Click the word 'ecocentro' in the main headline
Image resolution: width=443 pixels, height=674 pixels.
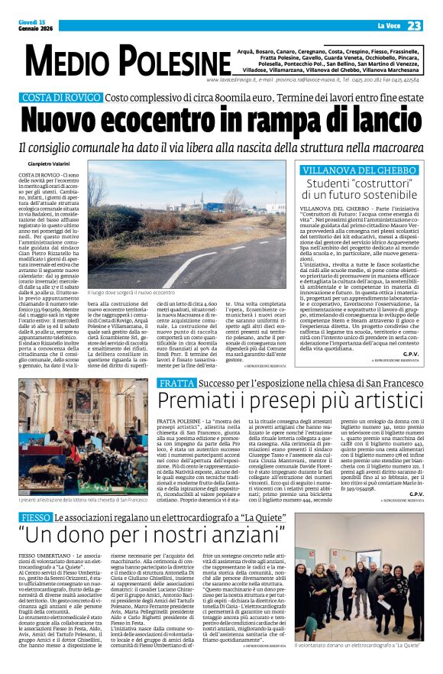[x=188, y=121]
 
